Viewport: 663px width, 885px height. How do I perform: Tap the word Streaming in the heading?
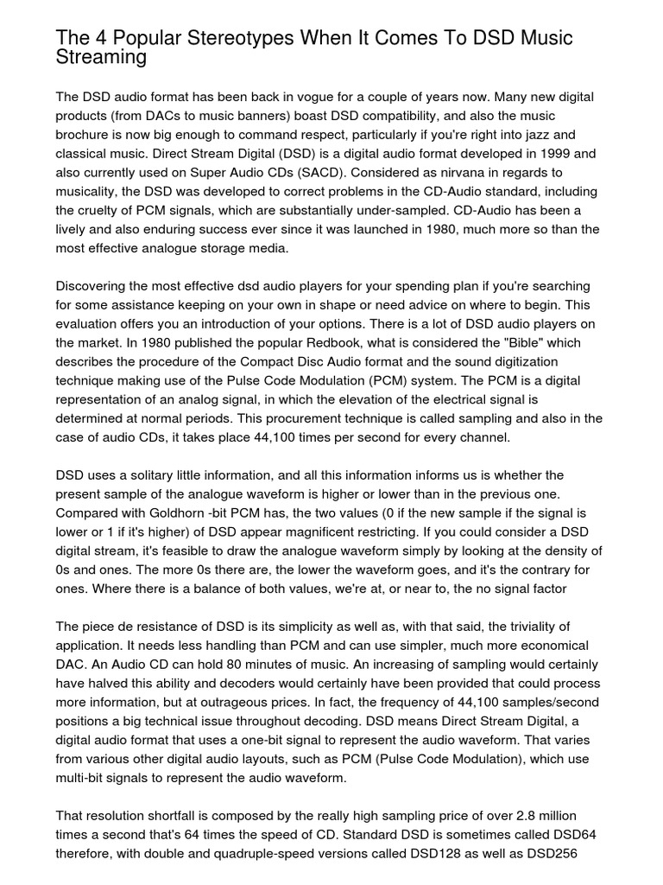100,57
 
